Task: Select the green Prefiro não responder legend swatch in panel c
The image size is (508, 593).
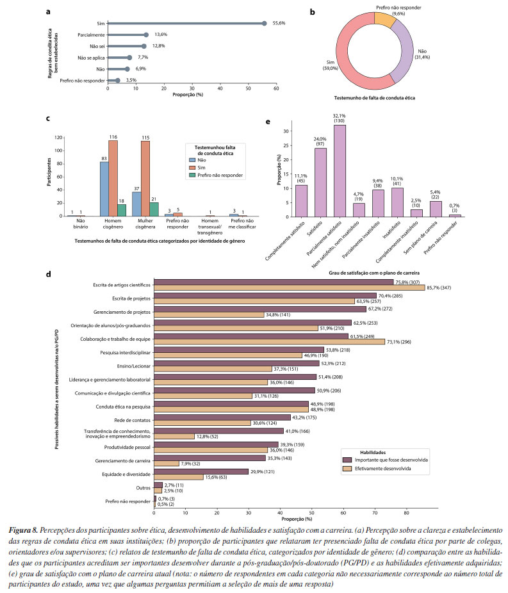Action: click(193, 175)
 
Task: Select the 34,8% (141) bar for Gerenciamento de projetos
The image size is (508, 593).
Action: click(209, 314)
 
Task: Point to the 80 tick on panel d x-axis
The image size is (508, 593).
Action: click(406, 512)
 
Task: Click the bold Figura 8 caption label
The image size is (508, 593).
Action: click(24, 532)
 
